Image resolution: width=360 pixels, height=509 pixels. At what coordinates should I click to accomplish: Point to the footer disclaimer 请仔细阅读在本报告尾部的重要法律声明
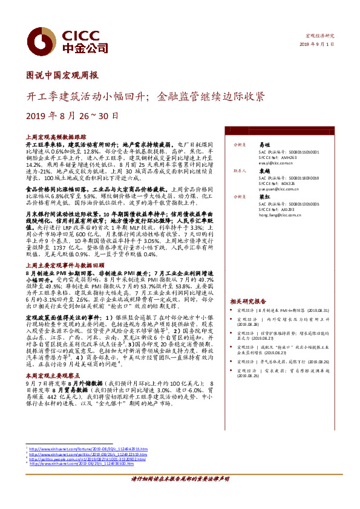[x=180, y=494]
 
